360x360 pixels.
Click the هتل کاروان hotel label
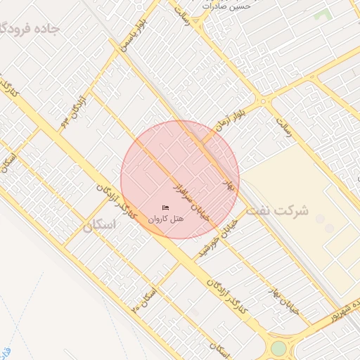[x=166, y=219]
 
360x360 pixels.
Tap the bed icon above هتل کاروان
[x=166, y=207]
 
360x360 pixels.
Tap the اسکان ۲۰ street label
[x=145, y=301]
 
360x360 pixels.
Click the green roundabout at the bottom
[x=279, y=347]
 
